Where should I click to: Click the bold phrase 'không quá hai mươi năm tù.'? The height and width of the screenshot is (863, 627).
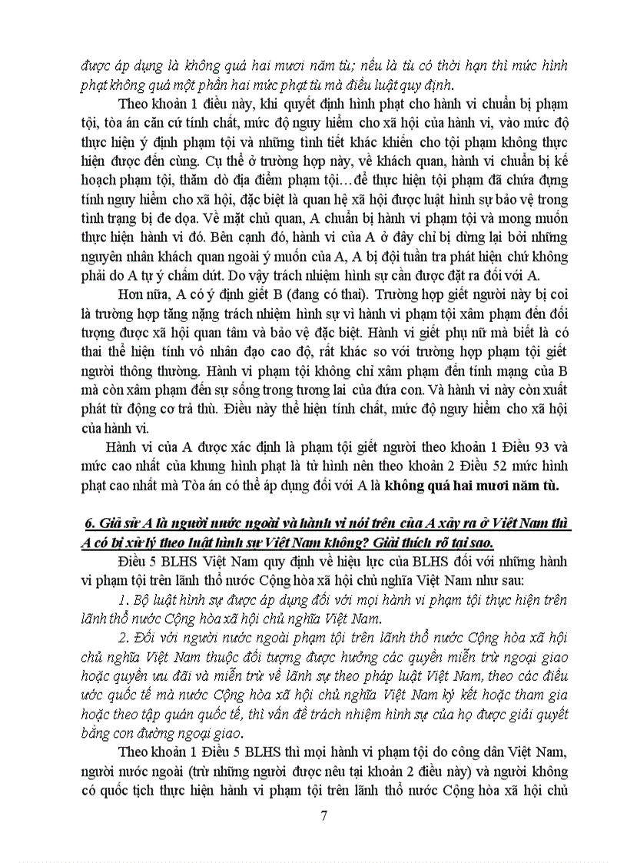point(473,486)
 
